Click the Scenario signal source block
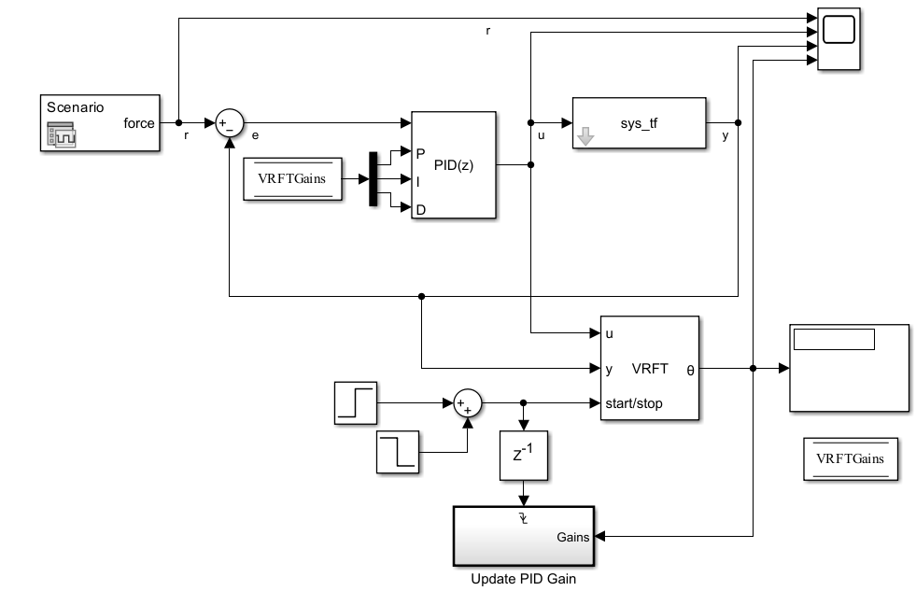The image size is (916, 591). (x=101, y=122)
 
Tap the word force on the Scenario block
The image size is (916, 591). (x=139, y=123)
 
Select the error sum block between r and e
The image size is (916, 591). (x=229, y=123)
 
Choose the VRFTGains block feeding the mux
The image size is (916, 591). (x=292, y=179)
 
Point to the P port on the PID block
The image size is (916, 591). (x=420, y=152)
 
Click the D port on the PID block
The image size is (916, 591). (x=420, y=210)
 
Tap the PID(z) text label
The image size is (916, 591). (x=454, y=165)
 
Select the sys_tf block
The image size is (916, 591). (x=640, y=122)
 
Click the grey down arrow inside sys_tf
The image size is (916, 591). (x=586, y=138)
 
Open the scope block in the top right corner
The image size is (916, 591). (x=839, y=40)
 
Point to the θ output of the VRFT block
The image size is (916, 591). (x=690, y=369)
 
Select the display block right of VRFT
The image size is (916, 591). (x=848, y=368)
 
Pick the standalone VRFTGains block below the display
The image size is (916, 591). (x=850, y=458)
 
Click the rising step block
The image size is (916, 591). (x=357, y=403)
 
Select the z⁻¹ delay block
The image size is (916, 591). (x=524, y=455)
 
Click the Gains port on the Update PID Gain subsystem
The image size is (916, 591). (x=572, y=537)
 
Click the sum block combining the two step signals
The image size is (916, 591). (x=466, y=403)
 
